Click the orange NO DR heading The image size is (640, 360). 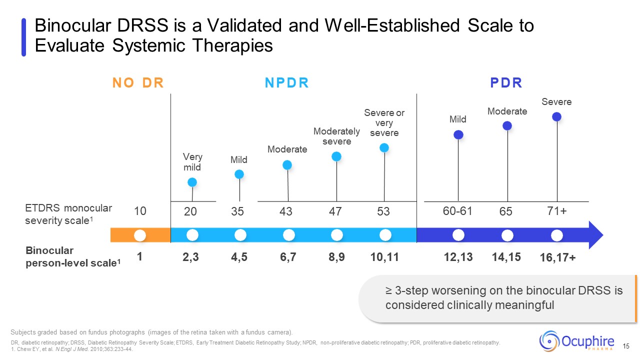click(138, 82)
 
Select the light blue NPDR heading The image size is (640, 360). click(286, 82)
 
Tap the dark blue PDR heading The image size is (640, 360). click(506, 82)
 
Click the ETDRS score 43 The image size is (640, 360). click(285, 211)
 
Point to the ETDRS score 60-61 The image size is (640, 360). click(457, 211)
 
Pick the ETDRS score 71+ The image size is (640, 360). click(556, 211)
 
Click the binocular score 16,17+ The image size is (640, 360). click(557, 257)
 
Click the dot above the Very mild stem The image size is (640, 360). click(192, 182)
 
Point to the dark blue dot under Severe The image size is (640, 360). click(556, 116)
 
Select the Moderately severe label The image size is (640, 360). click(336, 136)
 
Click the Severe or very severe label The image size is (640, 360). click(384, 122)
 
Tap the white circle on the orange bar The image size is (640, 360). click(140, 234)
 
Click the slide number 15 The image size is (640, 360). click(626, 346)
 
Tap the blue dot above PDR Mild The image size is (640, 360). click(458, 134)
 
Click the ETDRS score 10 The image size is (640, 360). click(140, 211)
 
